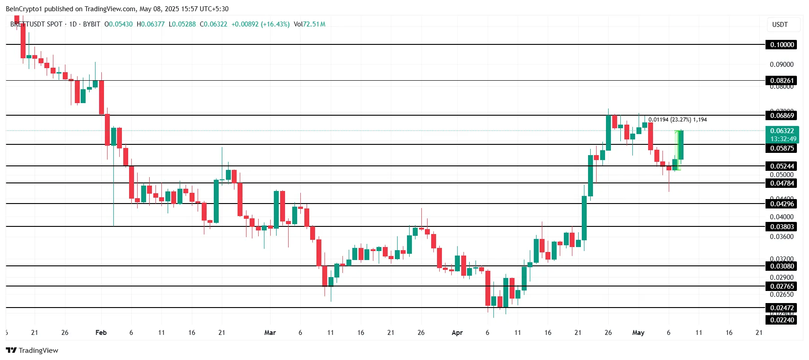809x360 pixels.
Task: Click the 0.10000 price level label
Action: point(782,44)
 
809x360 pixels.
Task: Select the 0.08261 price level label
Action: point(782,81)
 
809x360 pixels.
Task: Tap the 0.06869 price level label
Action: point(782,116)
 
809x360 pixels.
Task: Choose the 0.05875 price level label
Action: point(782,148)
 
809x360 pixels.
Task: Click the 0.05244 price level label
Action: point(782,166)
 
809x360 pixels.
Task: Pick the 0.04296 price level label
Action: point(782,204)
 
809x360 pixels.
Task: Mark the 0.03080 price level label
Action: point(782,266)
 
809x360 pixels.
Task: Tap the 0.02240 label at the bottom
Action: point(782,320)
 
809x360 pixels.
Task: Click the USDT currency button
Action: point(780,25)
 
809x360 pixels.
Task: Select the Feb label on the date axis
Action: point(101,333)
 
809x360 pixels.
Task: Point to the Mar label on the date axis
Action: point(270,333)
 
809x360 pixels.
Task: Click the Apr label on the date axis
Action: point(457,333)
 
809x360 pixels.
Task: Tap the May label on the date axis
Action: point(638,333)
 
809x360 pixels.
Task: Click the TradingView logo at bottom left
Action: point(32,350)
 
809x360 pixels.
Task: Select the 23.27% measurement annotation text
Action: point(681,120)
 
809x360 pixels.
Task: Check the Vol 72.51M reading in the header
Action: point(310,24)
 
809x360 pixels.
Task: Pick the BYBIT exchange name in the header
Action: point(91,24)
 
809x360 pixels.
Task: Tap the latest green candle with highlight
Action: point(681,145)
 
